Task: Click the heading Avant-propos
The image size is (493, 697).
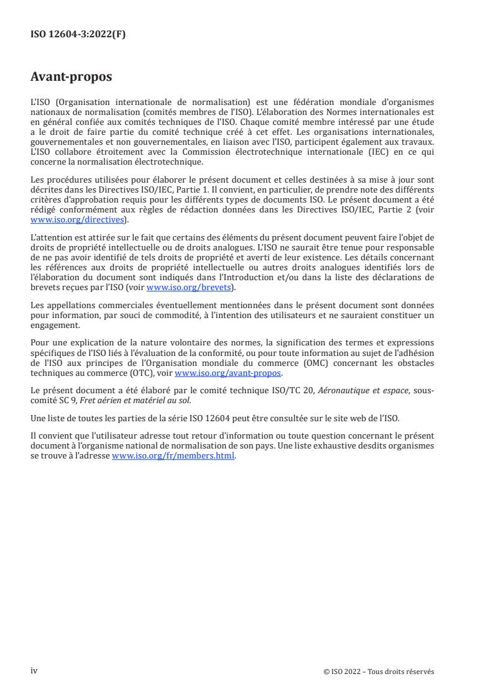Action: [x=71, y=78]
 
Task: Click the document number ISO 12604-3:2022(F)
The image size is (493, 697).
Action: [x=78, y=35]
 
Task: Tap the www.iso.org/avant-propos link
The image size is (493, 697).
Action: [x=228, y=373]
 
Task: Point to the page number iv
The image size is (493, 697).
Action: [x=34, y=671]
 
